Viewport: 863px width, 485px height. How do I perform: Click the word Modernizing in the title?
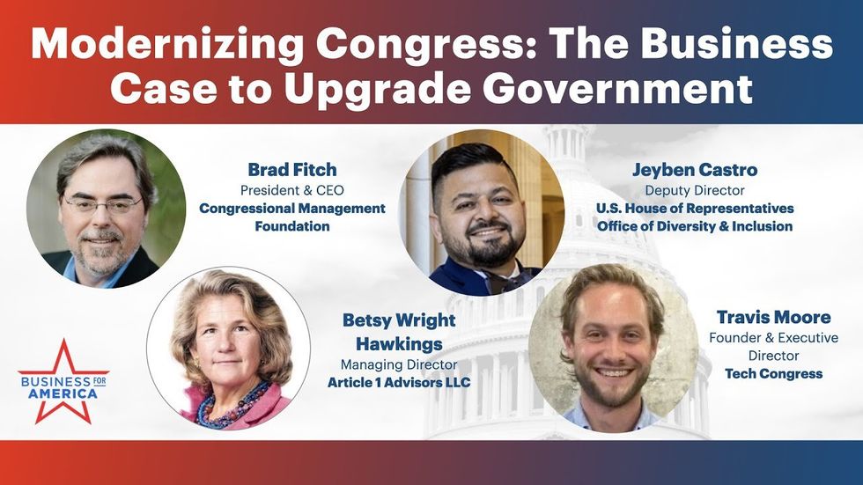tap(167, 45)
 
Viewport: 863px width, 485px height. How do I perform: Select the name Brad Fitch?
tap(292, 169)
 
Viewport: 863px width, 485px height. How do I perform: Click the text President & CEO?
tap(292, 190)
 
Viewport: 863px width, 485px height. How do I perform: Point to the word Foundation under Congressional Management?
tap(292, 226)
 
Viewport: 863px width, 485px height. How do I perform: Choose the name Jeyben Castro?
tap(695, 170)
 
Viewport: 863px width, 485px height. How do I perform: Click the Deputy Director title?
tap(695, 190)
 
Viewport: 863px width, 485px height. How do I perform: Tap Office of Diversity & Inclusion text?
tap(695, 226)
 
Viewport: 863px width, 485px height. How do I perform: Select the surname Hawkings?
tap(399, 344)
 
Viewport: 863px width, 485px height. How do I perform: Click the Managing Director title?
tap(399, 364)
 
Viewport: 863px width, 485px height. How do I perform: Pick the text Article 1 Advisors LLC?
tap(399, 382)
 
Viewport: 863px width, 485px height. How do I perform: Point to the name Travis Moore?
tap(773, 317)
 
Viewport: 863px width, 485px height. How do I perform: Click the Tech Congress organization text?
tap(773, 374)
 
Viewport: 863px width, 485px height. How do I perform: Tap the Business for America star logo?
tap(63, 382)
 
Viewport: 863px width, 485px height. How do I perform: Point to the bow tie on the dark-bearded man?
tap(504, 281)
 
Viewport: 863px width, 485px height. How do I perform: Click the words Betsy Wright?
tap(399, 320)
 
